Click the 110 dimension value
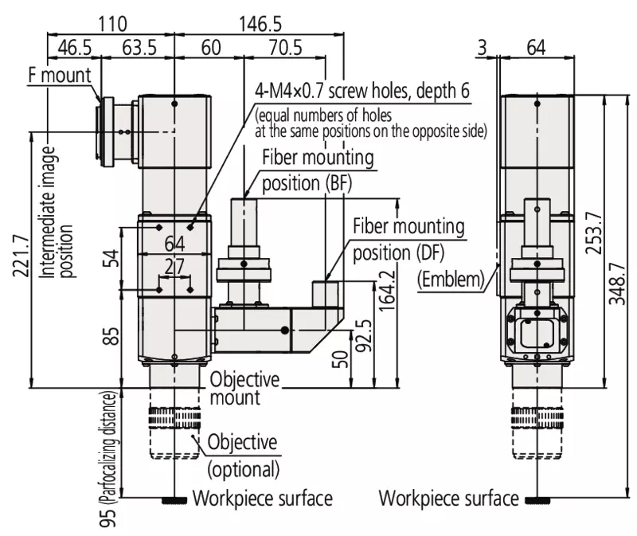tap(112, 24)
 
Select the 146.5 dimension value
tap(260, 24)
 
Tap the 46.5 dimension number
tap(75, 48)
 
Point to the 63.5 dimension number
tap(139, 48)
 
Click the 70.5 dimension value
tap(286, 48)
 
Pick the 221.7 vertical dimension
tap(21, 256)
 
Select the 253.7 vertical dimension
tap(594, 233)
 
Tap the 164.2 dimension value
tap(388, 291)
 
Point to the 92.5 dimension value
tap(364, 335)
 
